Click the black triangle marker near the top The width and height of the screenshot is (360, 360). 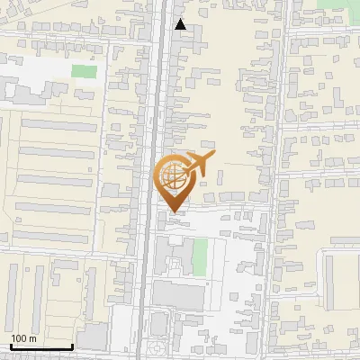pos(181,24)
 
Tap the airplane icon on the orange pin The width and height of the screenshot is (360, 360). pos(198,166)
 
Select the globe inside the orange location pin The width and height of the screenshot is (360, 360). pos(173,176)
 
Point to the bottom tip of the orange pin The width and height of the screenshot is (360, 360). pos(174,211)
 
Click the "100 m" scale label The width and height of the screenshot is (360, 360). pos(23,338)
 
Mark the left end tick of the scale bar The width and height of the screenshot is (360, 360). pos(11,345)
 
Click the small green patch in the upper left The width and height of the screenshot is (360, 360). pos(84,71)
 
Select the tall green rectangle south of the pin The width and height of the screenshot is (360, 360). pos(200,257)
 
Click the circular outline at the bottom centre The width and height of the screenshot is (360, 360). pos(157,346)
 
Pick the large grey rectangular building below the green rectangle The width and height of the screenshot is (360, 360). pos(180,294)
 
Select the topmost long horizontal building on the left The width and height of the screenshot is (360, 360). pos(55,124)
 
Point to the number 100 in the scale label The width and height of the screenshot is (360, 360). pos(19,338)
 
